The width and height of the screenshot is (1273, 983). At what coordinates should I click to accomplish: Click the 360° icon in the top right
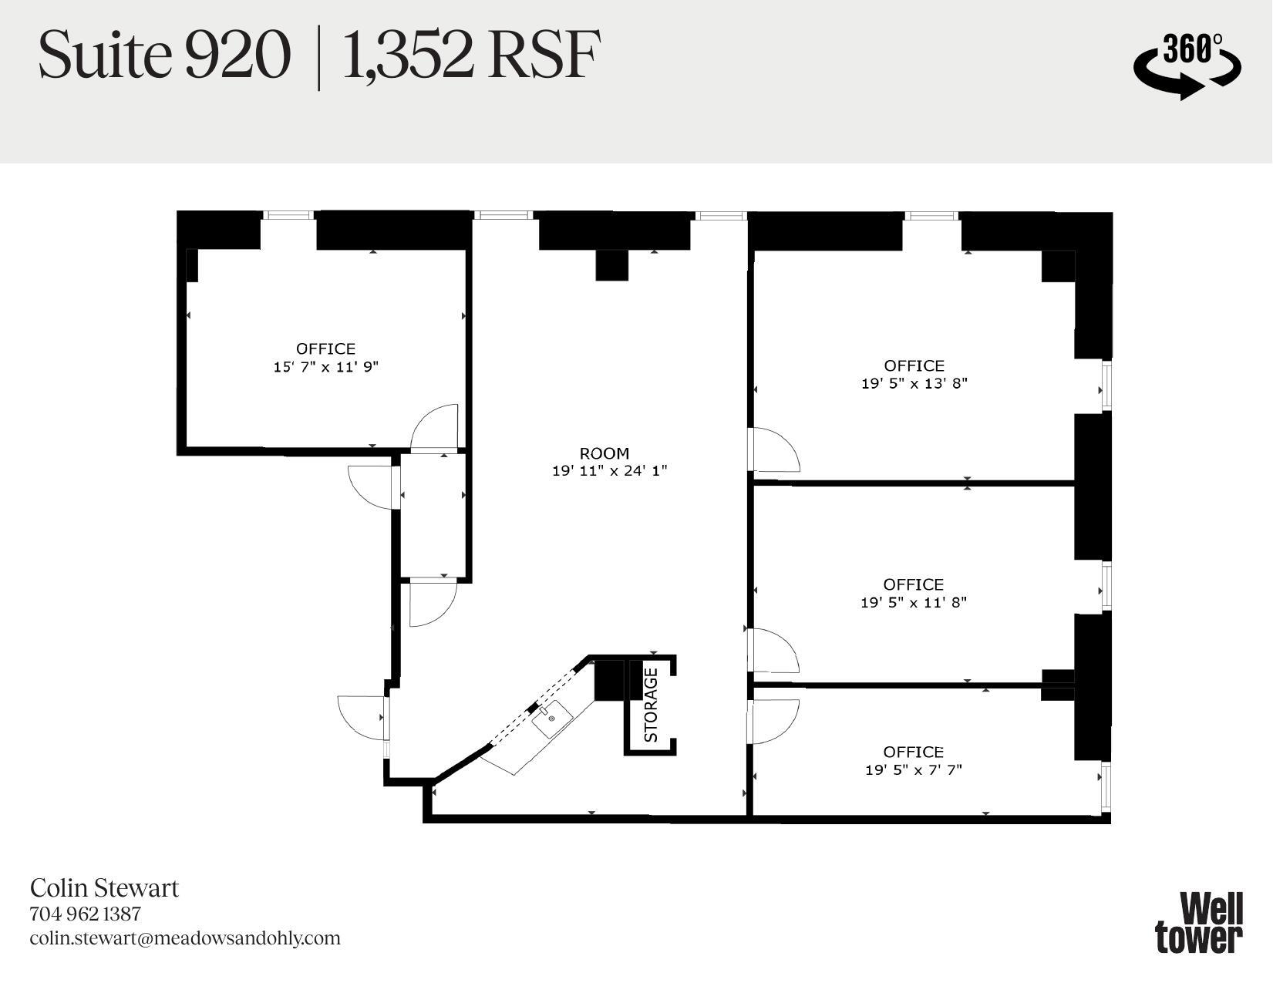pos(1187,66)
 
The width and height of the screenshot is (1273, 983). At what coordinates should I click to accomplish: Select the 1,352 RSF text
pos(470,56)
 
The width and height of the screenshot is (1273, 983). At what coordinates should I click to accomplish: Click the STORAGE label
pos(651,705)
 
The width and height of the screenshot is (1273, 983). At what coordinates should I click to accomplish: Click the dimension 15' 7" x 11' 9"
pos(325,367)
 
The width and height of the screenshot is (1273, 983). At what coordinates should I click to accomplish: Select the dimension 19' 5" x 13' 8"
pos(914,383)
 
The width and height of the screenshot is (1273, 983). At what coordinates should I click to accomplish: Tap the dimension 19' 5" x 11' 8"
pos(913,602)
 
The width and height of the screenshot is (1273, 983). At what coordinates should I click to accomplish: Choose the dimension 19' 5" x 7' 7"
pos(913,769)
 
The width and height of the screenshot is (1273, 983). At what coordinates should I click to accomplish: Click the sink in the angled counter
pos(552,718)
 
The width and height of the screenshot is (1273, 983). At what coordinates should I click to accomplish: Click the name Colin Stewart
pos(104,887)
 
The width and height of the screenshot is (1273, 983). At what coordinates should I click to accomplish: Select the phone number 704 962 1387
pos(86,914)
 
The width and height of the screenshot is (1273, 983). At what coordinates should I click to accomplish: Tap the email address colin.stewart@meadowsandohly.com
pos(185,938)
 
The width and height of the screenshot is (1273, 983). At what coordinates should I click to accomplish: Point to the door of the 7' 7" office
pos(773,721)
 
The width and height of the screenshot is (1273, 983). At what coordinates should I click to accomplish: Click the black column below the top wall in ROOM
pos(612,266)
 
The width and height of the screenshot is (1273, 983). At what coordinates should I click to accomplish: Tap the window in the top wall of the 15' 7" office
pos(288,215)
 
